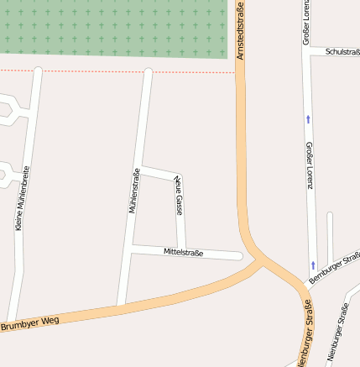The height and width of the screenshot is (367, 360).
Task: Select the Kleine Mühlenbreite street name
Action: coord(23,197)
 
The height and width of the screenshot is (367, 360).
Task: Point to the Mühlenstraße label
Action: coord(133,191)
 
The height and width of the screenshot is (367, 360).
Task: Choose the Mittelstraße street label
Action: coord(183,252)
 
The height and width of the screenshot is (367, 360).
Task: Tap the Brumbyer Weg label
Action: coord(29,322)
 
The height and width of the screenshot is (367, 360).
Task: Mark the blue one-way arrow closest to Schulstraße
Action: coord(308,119)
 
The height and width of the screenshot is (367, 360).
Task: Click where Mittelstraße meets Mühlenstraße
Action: coord(131,247)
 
